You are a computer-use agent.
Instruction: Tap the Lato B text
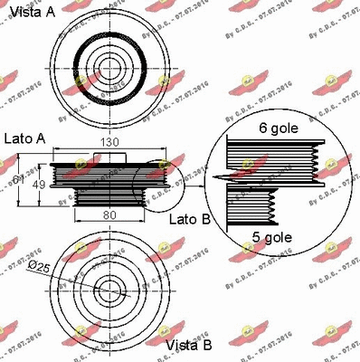point(192,220)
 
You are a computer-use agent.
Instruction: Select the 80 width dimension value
point(109,215)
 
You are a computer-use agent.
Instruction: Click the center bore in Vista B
point(109,291)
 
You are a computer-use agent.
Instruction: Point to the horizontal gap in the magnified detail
point(271,177)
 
